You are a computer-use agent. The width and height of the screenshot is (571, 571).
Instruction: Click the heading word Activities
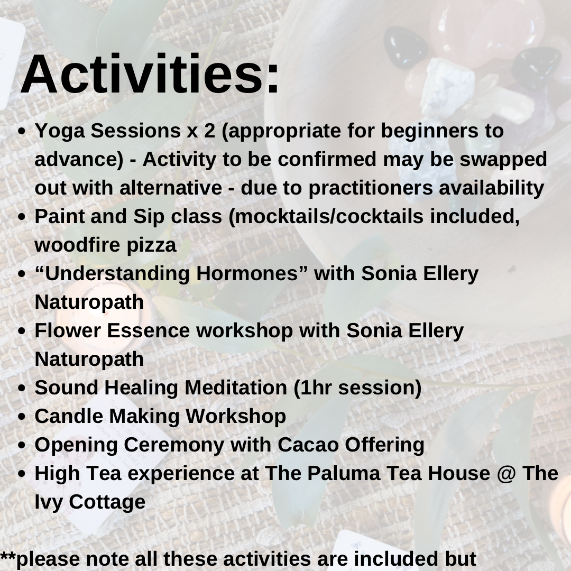pyautogui.click(x=150, y=74)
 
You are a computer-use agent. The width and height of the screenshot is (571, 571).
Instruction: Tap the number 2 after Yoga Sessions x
pyautogui.click(x=209, y=131)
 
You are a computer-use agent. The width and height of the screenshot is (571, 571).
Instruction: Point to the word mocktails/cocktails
pyautogui.click(x=329, y=216)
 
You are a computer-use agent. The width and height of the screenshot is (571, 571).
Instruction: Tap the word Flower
pyautogui.click(x=68, y=330)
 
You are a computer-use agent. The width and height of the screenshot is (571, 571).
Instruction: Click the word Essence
pyautogui.click(x=148, y=330)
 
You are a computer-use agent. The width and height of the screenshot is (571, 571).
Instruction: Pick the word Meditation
pyautogui.click(x=236, y=388)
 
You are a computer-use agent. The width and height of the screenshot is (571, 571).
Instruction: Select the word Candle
pyautogui.click(x=69, y=416)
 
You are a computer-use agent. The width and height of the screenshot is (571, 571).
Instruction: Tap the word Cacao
pyautogui.click(x=308, y=445)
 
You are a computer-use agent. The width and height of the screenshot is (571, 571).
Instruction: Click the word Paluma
pyautogui.click(x=344, y=473)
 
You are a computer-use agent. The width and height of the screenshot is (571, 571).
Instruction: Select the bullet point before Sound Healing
pyautogui.click(x=22, y=388)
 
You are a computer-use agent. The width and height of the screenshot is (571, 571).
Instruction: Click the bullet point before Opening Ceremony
pyautogui.click(x=22, y=445)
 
